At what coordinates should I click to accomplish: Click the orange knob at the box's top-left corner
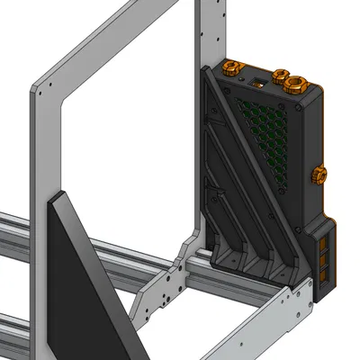[231, 68]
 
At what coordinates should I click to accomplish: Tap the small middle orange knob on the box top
[280, 75]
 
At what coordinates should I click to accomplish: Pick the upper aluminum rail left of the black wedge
[18, 229]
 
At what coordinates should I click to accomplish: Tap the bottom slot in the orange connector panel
[325, 279]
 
